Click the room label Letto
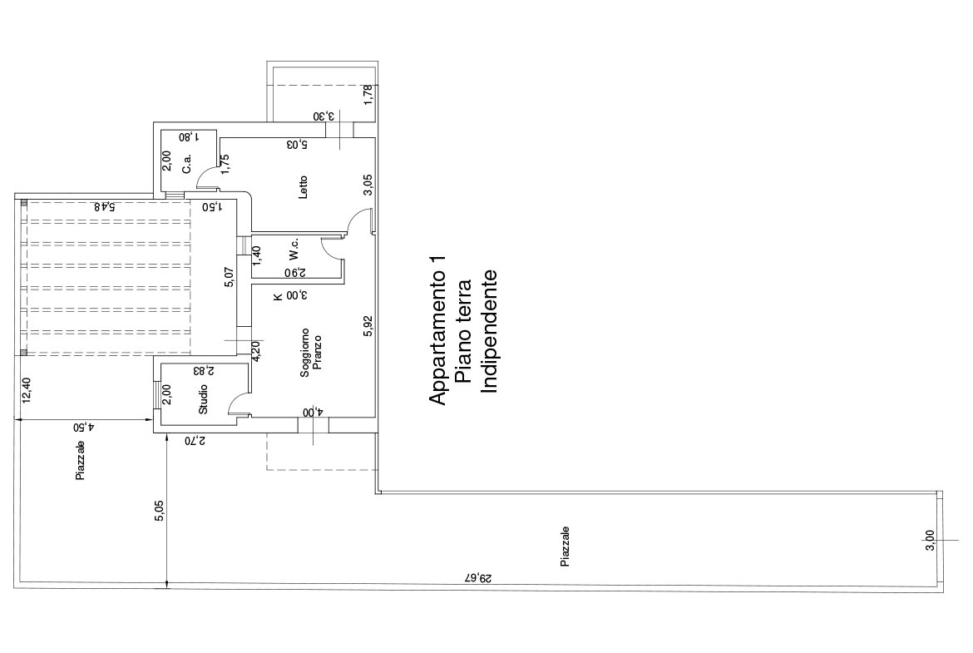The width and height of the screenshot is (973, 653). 303,187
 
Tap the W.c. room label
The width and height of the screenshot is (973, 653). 294,249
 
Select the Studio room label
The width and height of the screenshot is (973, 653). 203,400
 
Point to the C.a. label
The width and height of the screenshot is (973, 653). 187,164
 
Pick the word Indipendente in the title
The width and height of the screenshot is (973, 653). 490,331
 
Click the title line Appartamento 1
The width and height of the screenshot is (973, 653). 438,331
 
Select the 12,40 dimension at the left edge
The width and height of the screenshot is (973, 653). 26,390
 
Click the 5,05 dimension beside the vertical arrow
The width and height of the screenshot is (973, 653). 160,510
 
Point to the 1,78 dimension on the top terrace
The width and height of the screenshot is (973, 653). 368,95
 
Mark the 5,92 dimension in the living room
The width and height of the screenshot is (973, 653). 368,326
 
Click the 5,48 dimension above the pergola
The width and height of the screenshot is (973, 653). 104,206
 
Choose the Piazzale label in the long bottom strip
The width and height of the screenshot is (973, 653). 565,547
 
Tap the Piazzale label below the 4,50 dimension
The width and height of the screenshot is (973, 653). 80,461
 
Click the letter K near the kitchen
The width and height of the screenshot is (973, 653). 278,296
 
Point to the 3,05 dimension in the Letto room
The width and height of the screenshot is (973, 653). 368,185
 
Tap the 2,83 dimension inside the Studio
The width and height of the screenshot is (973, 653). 203,370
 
